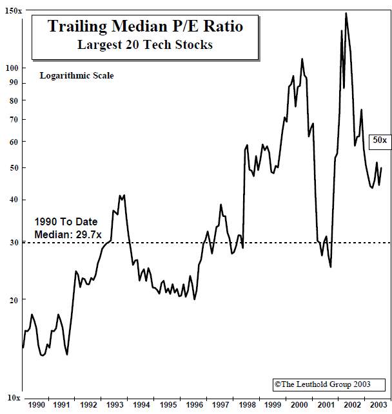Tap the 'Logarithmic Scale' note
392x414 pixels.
point(76,75)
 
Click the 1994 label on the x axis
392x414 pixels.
point(142,404)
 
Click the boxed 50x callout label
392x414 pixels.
point(378,140)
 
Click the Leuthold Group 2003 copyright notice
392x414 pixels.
point(322,384)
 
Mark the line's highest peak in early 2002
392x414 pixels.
point(346,13)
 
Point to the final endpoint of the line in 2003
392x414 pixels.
point(381,168)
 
